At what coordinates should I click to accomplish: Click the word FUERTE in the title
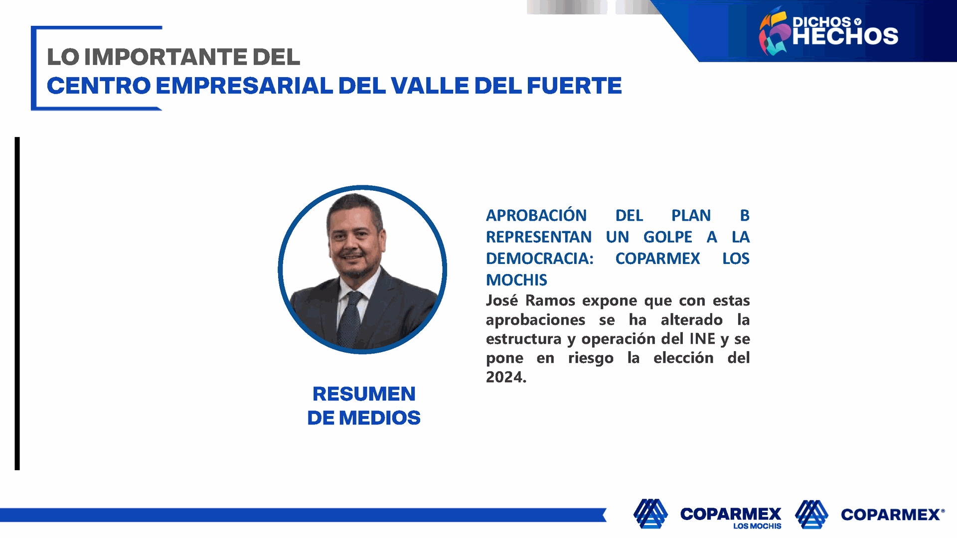tap(574, 86)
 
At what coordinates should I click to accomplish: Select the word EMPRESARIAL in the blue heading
tap(244, 86)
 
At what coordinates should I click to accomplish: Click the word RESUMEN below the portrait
tap(364, 394)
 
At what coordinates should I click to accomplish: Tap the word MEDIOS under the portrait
tap(380, 418)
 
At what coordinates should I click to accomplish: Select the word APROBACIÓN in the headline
tap(536, 215)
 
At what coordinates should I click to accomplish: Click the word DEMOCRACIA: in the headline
tap(540, 259)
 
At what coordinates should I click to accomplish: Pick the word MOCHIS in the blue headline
tap(516, 280)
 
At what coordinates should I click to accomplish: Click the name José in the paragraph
tap(502, 300)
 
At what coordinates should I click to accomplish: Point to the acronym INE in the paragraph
tap(702, 339)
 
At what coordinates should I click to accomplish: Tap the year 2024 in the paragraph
tap(504, 377)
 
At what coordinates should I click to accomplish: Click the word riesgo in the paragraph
tap(591, 359)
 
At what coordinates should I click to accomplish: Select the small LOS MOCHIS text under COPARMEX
tap(757, 526)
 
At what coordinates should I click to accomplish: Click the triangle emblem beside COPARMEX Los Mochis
tap(650, 514)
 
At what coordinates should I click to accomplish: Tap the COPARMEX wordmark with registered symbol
tap(893, 515)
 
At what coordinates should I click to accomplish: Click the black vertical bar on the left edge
tap(17, 303)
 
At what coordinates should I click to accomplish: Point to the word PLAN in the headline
tap(691, 215)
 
